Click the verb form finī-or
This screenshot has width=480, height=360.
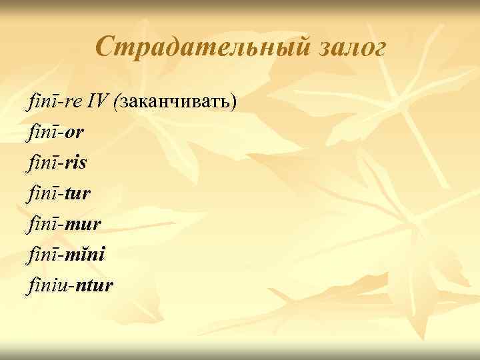(57, 133)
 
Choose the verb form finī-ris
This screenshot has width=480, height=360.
(59, 163)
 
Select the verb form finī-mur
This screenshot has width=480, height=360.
(64, 225)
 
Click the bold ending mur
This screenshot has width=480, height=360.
(83, 225)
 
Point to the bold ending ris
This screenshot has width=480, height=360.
(77, 163)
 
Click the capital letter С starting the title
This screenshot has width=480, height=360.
(104, 48)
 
